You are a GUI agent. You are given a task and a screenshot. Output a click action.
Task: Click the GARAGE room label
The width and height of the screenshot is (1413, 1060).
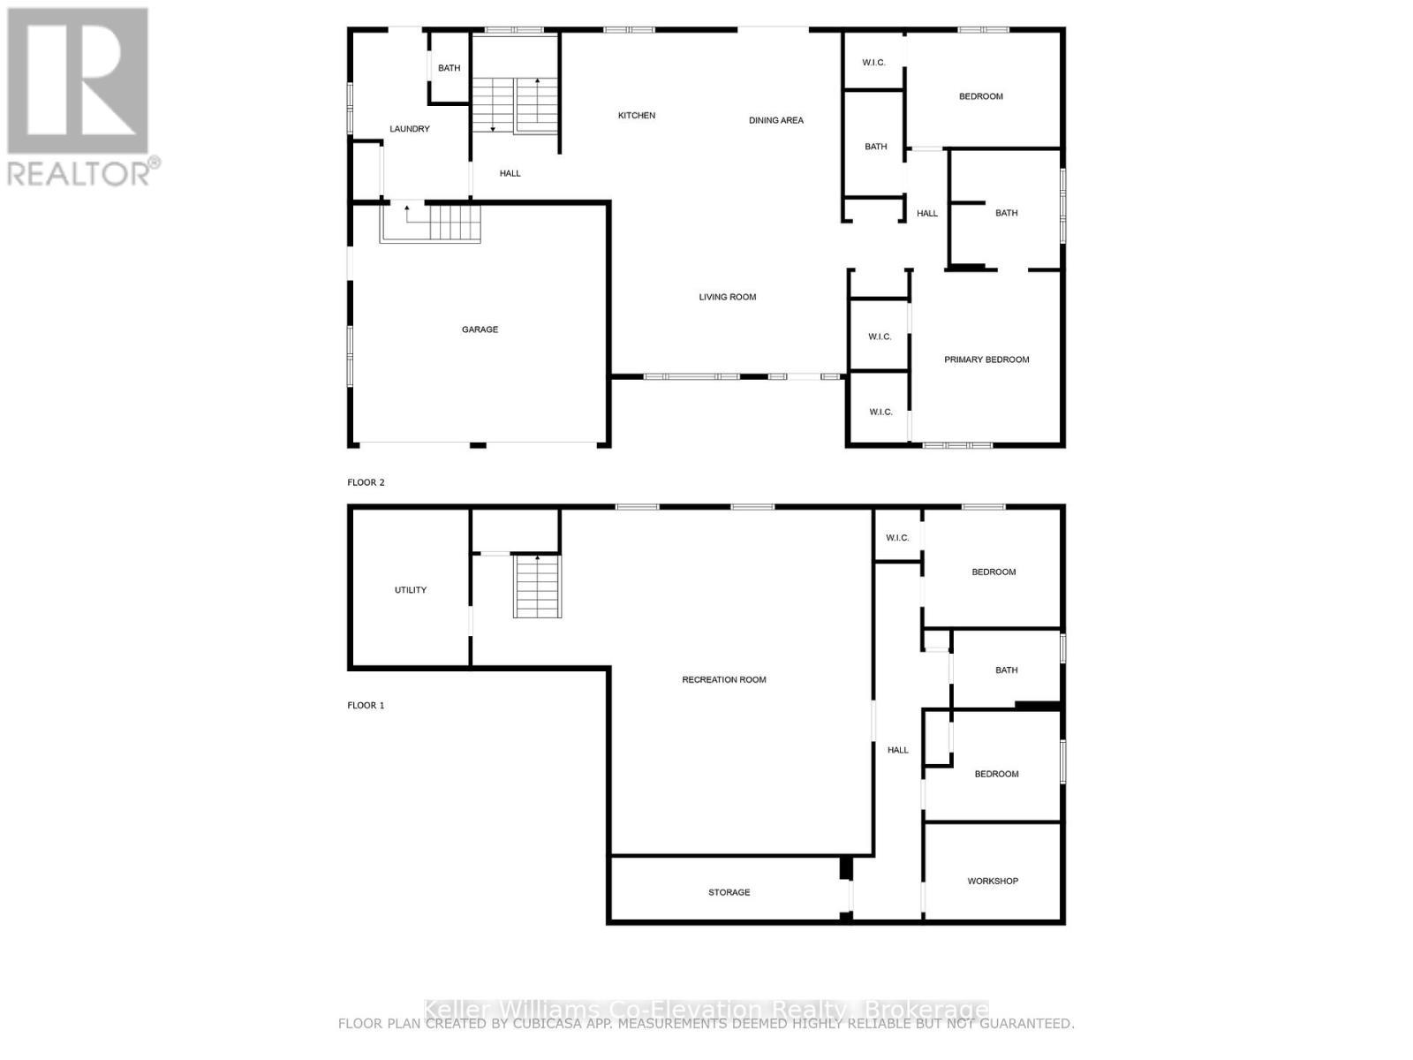[480, 329]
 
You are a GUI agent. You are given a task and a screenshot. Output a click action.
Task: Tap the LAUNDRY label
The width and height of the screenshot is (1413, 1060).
[410, 129]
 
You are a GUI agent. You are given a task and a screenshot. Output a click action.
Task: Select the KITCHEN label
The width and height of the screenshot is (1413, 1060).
[636, 116]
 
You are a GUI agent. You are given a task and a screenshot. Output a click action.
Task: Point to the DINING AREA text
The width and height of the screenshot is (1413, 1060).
[775, 120]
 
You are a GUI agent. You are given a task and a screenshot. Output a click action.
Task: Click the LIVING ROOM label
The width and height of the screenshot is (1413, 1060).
[727, 297]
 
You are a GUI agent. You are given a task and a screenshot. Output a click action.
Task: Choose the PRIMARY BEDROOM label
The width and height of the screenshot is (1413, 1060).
[986, 360]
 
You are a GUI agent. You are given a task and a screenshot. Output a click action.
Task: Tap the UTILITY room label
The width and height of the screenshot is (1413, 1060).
[410, 590]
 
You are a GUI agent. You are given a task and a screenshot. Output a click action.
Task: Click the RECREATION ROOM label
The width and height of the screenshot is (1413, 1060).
[723, 679]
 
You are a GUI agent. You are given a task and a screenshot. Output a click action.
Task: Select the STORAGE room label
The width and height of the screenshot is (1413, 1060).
[729, 892]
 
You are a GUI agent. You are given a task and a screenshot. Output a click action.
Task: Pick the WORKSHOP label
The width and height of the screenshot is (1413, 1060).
[992, 881]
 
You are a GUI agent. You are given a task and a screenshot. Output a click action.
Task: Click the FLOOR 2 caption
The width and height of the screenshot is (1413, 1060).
[366, 482]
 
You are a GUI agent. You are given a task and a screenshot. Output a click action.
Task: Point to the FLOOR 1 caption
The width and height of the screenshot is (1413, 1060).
[366, 705]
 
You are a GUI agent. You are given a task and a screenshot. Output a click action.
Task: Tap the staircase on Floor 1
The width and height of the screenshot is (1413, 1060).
[537, 587]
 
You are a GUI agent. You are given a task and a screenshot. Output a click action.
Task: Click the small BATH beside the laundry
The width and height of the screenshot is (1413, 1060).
[449, 68]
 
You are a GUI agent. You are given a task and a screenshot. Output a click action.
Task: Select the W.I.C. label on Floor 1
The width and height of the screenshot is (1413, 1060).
[896, 538]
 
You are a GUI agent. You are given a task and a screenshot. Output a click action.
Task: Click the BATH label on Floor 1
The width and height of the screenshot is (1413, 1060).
[1006, 670]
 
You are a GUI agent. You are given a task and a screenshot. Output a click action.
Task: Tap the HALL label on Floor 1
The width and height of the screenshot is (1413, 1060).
[897, 750]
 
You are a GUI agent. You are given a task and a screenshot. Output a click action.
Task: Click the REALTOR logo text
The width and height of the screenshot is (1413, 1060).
[79, 171]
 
